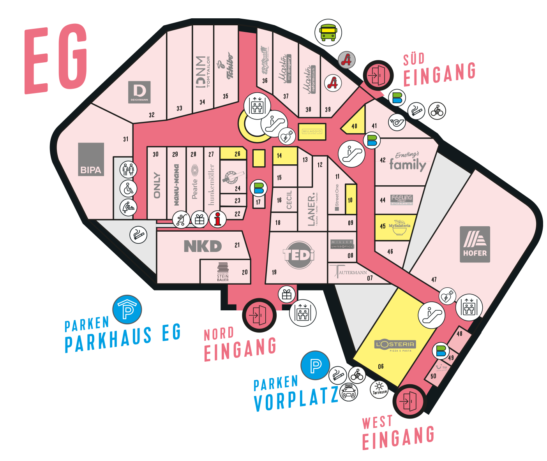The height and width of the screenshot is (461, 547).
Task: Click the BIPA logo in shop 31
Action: tap(91, 159)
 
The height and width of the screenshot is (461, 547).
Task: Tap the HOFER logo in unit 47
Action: tap(475, 244)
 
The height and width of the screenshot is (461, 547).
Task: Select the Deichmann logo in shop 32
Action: tap(139, 92)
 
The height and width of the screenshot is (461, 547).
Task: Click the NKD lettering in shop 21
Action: tap(203, 246)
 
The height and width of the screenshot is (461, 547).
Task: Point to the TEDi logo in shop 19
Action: tap(299, 255)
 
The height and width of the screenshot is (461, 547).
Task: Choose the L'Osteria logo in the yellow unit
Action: tap(395, 345)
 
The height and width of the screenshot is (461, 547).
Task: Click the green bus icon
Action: tap(328, 33)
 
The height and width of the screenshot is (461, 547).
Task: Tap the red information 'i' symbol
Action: tap(218, 219)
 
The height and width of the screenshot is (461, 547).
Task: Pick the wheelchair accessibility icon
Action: tap(128, 189)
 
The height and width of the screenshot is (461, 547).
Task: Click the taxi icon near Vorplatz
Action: tap(348, 392)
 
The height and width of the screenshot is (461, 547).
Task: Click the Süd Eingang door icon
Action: tap(377, 75)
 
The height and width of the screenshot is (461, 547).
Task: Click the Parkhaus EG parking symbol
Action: tap(127, 310)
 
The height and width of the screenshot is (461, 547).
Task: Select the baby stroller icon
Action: tap(181, 220)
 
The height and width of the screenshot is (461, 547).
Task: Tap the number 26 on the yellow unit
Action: tap(237, 154)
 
